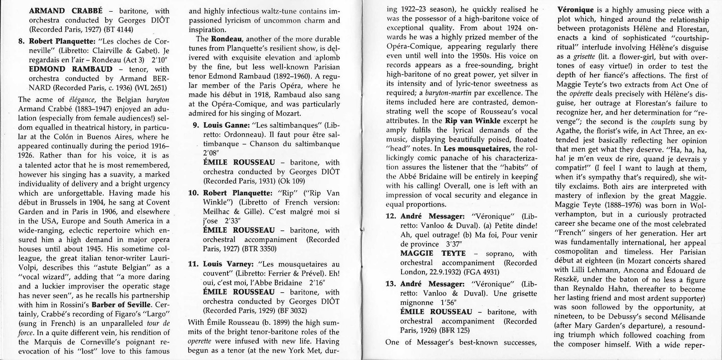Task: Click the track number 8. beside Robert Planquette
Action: coord(21,41)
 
